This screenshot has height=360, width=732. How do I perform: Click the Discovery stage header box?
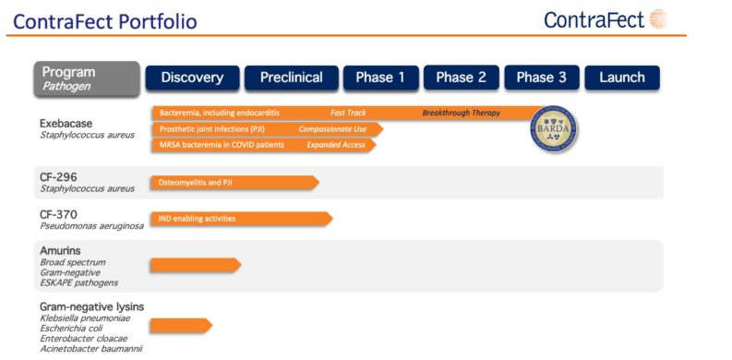[192, 78]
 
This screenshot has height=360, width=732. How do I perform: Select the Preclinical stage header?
[290, 78]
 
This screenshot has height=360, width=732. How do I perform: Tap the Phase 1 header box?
[381, 78]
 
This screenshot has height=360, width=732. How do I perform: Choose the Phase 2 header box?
[461, 78]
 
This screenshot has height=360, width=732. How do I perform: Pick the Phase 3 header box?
[541, 78]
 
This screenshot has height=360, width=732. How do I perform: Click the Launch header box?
[621, 78]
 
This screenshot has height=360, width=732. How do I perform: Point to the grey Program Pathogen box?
[87, 78]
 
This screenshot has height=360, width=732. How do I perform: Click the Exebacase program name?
[66, 123]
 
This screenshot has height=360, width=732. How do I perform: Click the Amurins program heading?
[60, 250]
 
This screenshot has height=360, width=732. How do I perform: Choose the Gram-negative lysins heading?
[91, 306]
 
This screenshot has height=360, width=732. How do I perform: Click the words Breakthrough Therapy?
[461, 113]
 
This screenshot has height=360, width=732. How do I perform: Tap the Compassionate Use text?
[331, 129]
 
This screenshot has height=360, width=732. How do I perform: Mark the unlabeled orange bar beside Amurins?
[195, 265]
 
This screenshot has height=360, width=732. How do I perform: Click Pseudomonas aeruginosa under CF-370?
[91, 225]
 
